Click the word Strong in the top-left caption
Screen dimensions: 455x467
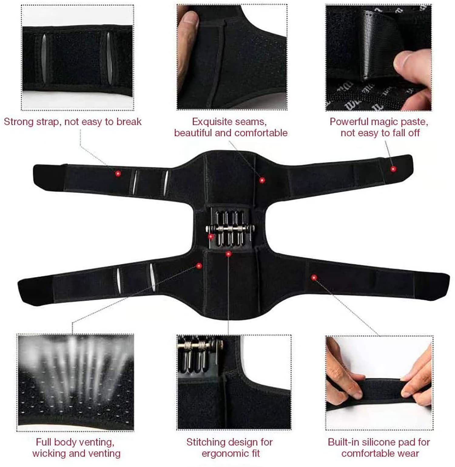(x=19, y=122)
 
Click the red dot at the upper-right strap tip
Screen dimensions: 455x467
(x=393, y=169)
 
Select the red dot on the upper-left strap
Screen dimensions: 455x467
(x=118, y=174)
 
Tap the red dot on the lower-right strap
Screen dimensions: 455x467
(x=314, y=277)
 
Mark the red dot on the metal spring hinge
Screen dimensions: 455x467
(x=211, y=236)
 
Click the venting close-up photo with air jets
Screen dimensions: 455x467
(x=76, y=382)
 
